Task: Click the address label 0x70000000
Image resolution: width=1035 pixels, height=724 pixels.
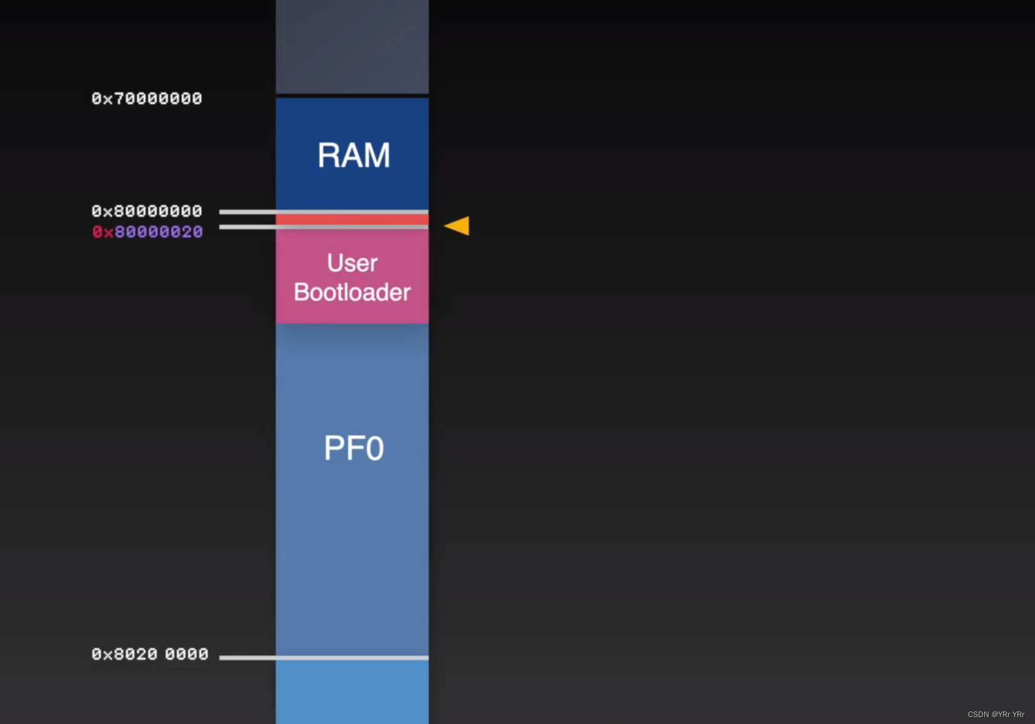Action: point(146,99)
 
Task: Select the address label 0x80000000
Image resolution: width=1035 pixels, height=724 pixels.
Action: point(146,211)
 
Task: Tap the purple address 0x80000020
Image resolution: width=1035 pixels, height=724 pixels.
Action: point(158,232)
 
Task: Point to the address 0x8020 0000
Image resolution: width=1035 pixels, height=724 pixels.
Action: point(150,654)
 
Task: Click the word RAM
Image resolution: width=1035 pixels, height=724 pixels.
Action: point(354,155)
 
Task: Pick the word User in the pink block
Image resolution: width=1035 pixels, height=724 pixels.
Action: point(352,263)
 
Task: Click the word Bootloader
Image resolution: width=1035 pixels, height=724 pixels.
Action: point(352,292)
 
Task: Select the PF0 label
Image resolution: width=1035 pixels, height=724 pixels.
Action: point(354,448)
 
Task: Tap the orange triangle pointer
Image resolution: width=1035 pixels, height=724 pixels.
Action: point(458,226)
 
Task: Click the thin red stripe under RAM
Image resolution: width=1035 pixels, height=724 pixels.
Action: point(352,219)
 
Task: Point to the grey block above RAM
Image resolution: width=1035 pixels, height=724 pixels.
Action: point(352,47)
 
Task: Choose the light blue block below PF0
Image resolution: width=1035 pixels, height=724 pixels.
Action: point(352,691)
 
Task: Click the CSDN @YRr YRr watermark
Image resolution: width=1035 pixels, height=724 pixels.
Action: point(996,715)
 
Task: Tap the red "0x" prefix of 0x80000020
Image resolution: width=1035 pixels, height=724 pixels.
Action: point(103,232)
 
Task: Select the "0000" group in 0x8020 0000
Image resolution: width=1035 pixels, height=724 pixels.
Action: point(186,654)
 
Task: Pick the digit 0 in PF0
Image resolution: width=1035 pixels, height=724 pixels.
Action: point(374,448)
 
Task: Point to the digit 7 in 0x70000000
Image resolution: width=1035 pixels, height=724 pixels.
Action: point(120,99)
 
